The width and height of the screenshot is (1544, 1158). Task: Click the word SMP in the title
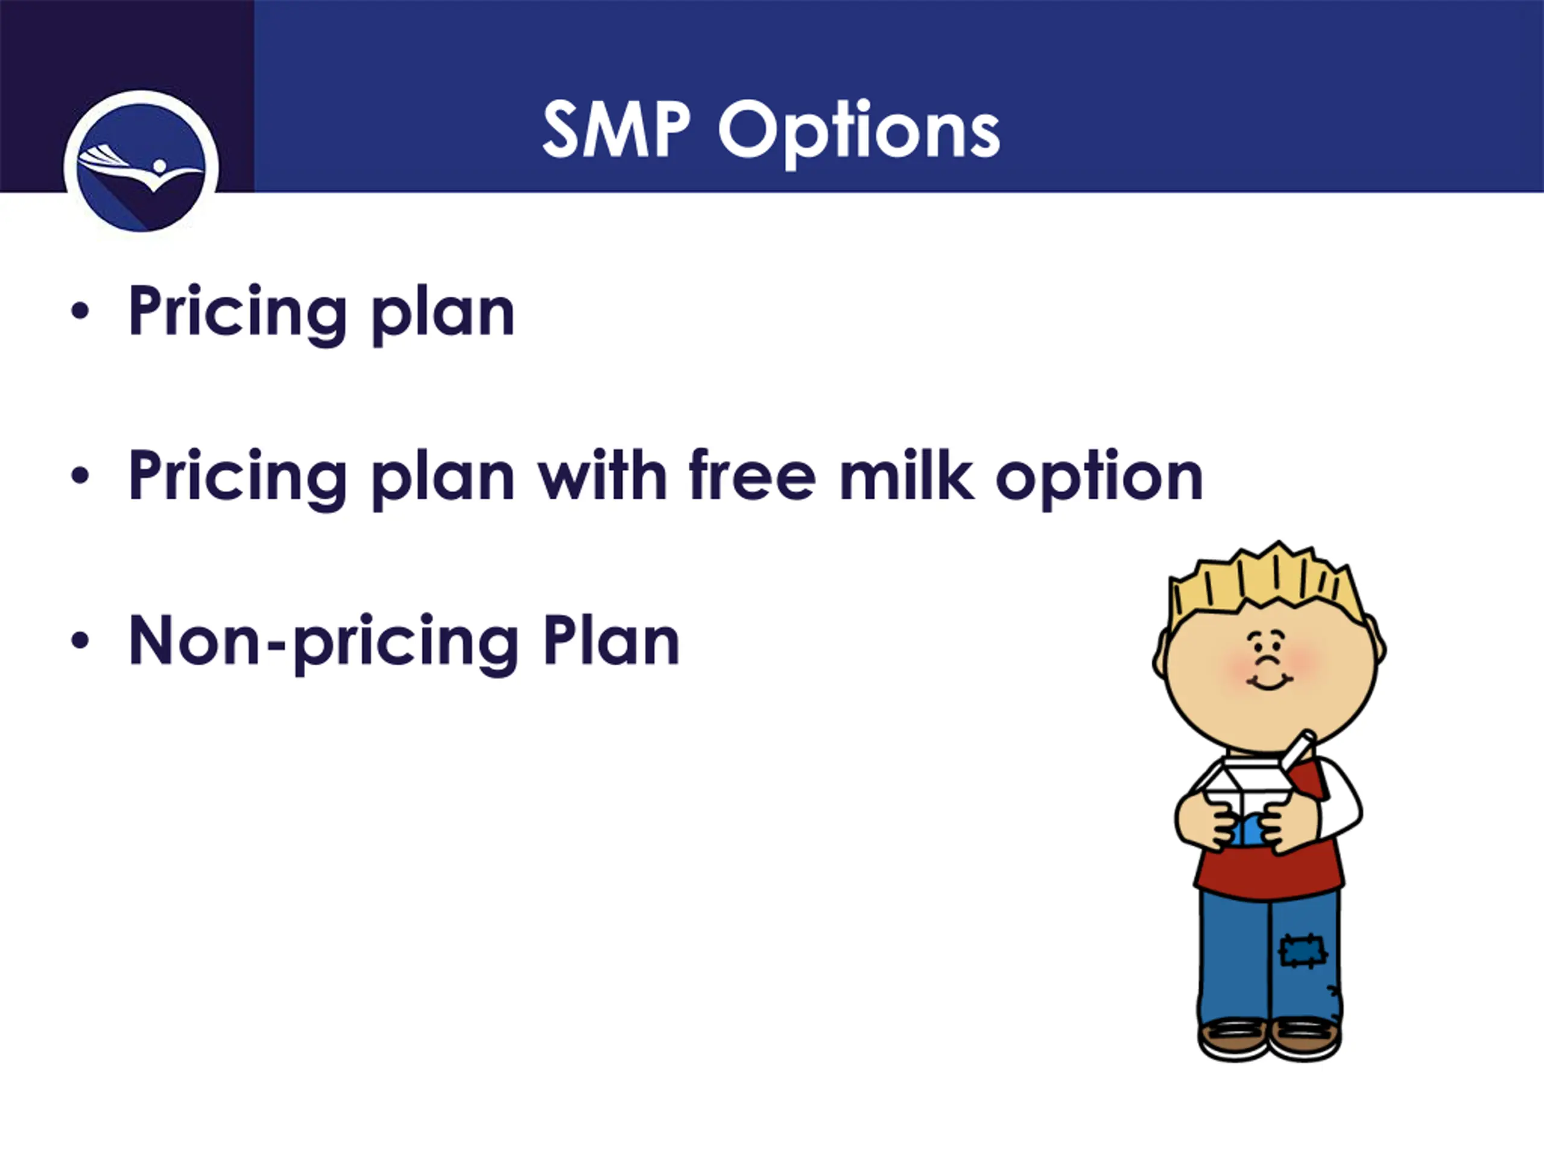click(616, 129)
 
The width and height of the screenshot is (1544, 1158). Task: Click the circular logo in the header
click(141, 168)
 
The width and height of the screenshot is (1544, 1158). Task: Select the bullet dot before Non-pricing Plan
click(80, 640)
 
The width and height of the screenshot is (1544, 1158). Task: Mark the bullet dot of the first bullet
click(80, 311)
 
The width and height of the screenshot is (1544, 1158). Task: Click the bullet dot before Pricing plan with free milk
click(80, 475)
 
